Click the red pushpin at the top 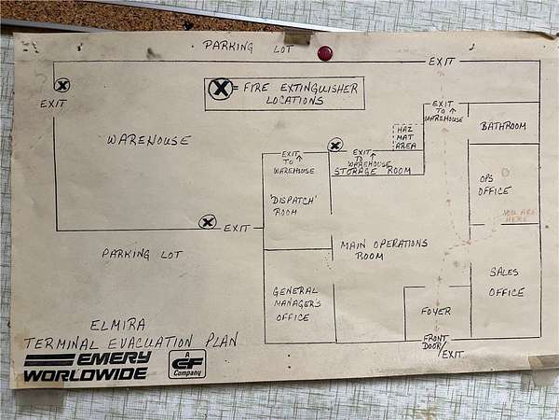[325, 53]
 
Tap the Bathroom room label [503, 126]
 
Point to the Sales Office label [507, 281]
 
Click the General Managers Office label [296, 303]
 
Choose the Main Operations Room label [382, 249]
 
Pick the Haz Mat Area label [405, 136]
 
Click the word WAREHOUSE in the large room [148, 140]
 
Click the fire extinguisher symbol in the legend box [220, 89]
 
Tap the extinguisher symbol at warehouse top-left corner [62, 86]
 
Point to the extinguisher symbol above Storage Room [335, 145]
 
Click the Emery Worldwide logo [87, 366]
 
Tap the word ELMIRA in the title [118, 326]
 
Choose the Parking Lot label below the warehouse [143, 254]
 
